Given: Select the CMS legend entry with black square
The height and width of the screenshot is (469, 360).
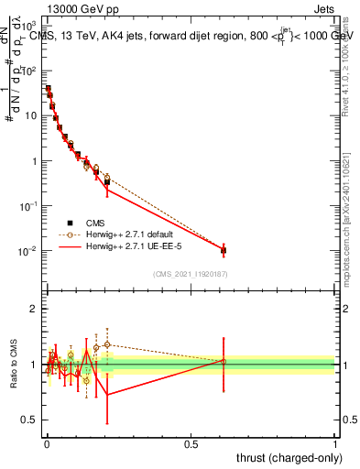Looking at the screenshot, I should click(95, 222).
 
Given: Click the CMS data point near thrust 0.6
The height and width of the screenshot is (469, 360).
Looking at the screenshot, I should click(224, 249).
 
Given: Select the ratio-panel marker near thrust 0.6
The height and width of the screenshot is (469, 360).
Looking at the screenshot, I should click(224, 361).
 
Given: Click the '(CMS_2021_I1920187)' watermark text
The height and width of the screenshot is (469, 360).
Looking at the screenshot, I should click(190, 275).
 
